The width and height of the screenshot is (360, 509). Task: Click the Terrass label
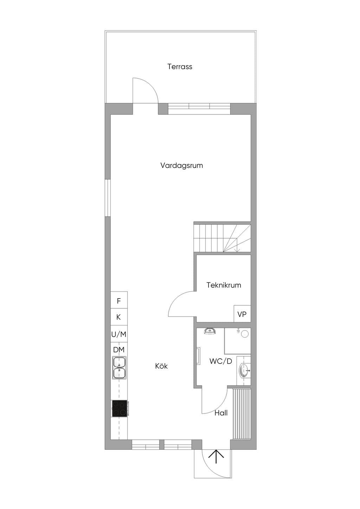click(180, 67)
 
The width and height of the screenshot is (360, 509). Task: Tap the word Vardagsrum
click(181, 165)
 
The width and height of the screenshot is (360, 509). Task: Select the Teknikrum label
click(224, 285)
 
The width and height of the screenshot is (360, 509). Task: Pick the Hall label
click(221, 413)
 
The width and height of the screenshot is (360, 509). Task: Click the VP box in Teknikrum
click(242, 314)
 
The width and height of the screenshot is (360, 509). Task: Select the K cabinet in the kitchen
click(119, 317)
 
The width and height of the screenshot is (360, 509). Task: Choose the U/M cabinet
click(119, 334)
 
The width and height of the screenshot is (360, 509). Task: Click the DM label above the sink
click(119, 350)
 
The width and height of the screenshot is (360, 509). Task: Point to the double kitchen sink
click(120, 368)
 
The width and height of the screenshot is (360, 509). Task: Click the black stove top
click(120, 408)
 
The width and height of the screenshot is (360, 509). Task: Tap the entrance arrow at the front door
click(216, 457)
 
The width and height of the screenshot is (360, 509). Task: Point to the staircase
click(222, 238)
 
